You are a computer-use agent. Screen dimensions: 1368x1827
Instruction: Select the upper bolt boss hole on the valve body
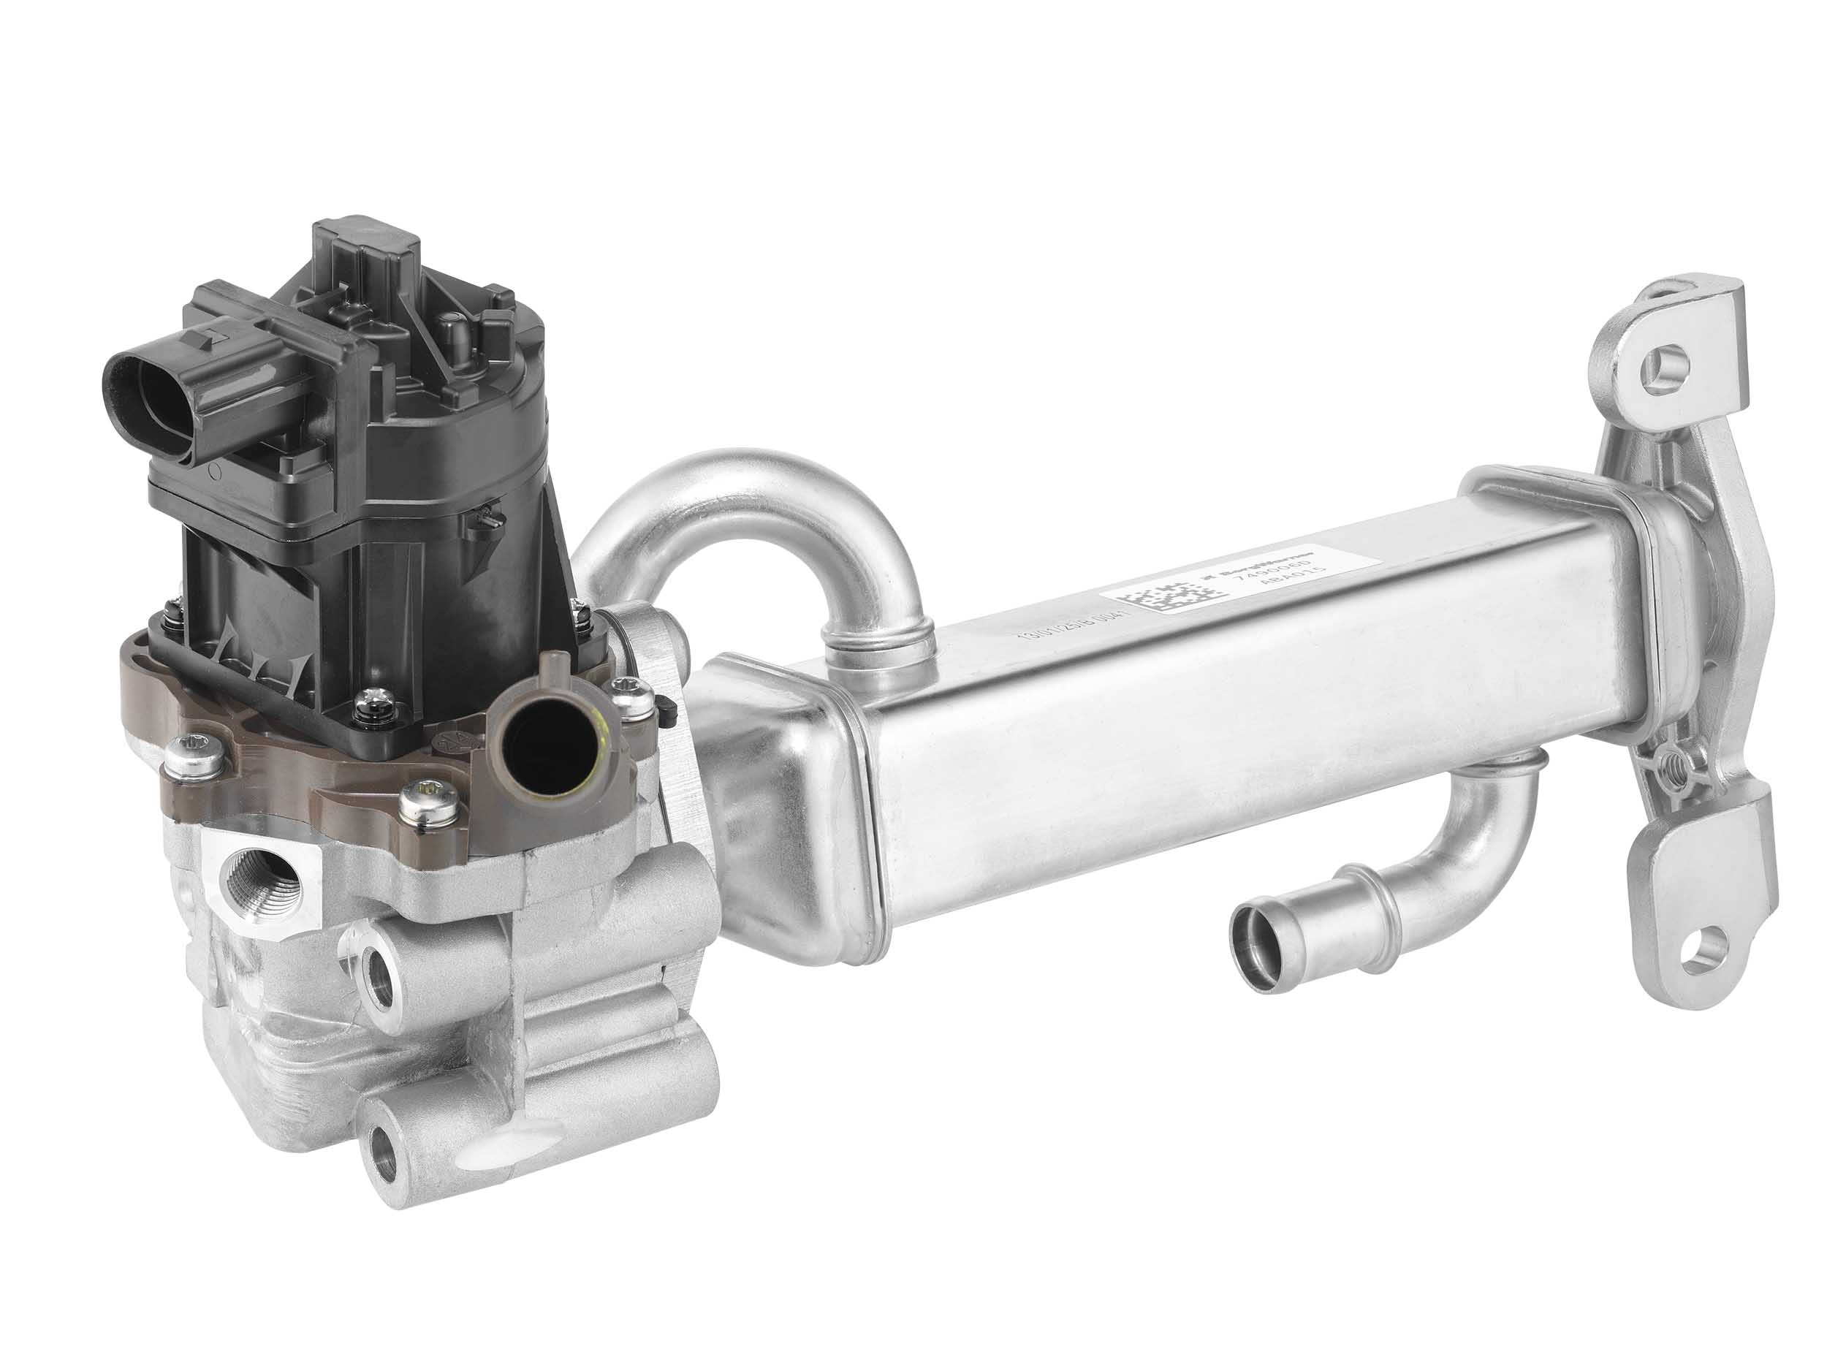[x=381, y=976]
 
